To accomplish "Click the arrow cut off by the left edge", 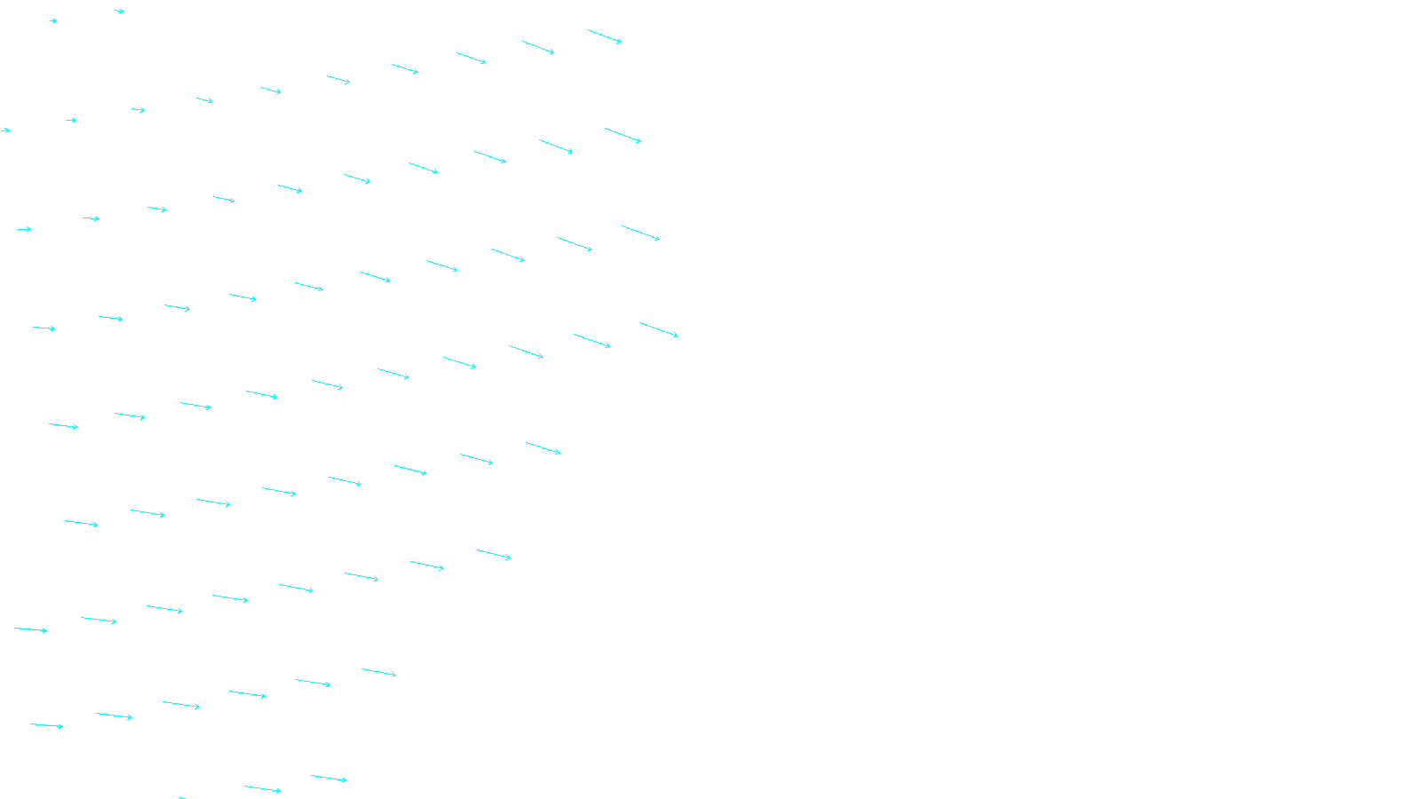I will (4, 131).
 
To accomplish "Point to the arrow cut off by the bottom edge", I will (182, 797).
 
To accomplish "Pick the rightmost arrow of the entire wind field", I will (658, 329).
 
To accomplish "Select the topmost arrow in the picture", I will (119, 12).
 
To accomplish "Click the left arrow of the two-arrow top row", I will (53, 20).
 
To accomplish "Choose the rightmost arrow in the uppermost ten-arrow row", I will (604, 36).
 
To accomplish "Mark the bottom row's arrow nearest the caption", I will (329, 779).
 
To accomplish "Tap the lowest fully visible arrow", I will (263, 788).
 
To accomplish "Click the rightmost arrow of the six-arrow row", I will (378, 672).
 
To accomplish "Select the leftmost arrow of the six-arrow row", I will (46, 725).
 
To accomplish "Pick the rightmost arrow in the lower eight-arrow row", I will (494, 555).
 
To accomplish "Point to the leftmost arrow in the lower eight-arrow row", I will (30, 629).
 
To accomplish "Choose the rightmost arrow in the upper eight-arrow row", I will (543, 448).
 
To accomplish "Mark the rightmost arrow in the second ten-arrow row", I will (623, 135).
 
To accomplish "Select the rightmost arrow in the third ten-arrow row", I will (640, 233).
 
